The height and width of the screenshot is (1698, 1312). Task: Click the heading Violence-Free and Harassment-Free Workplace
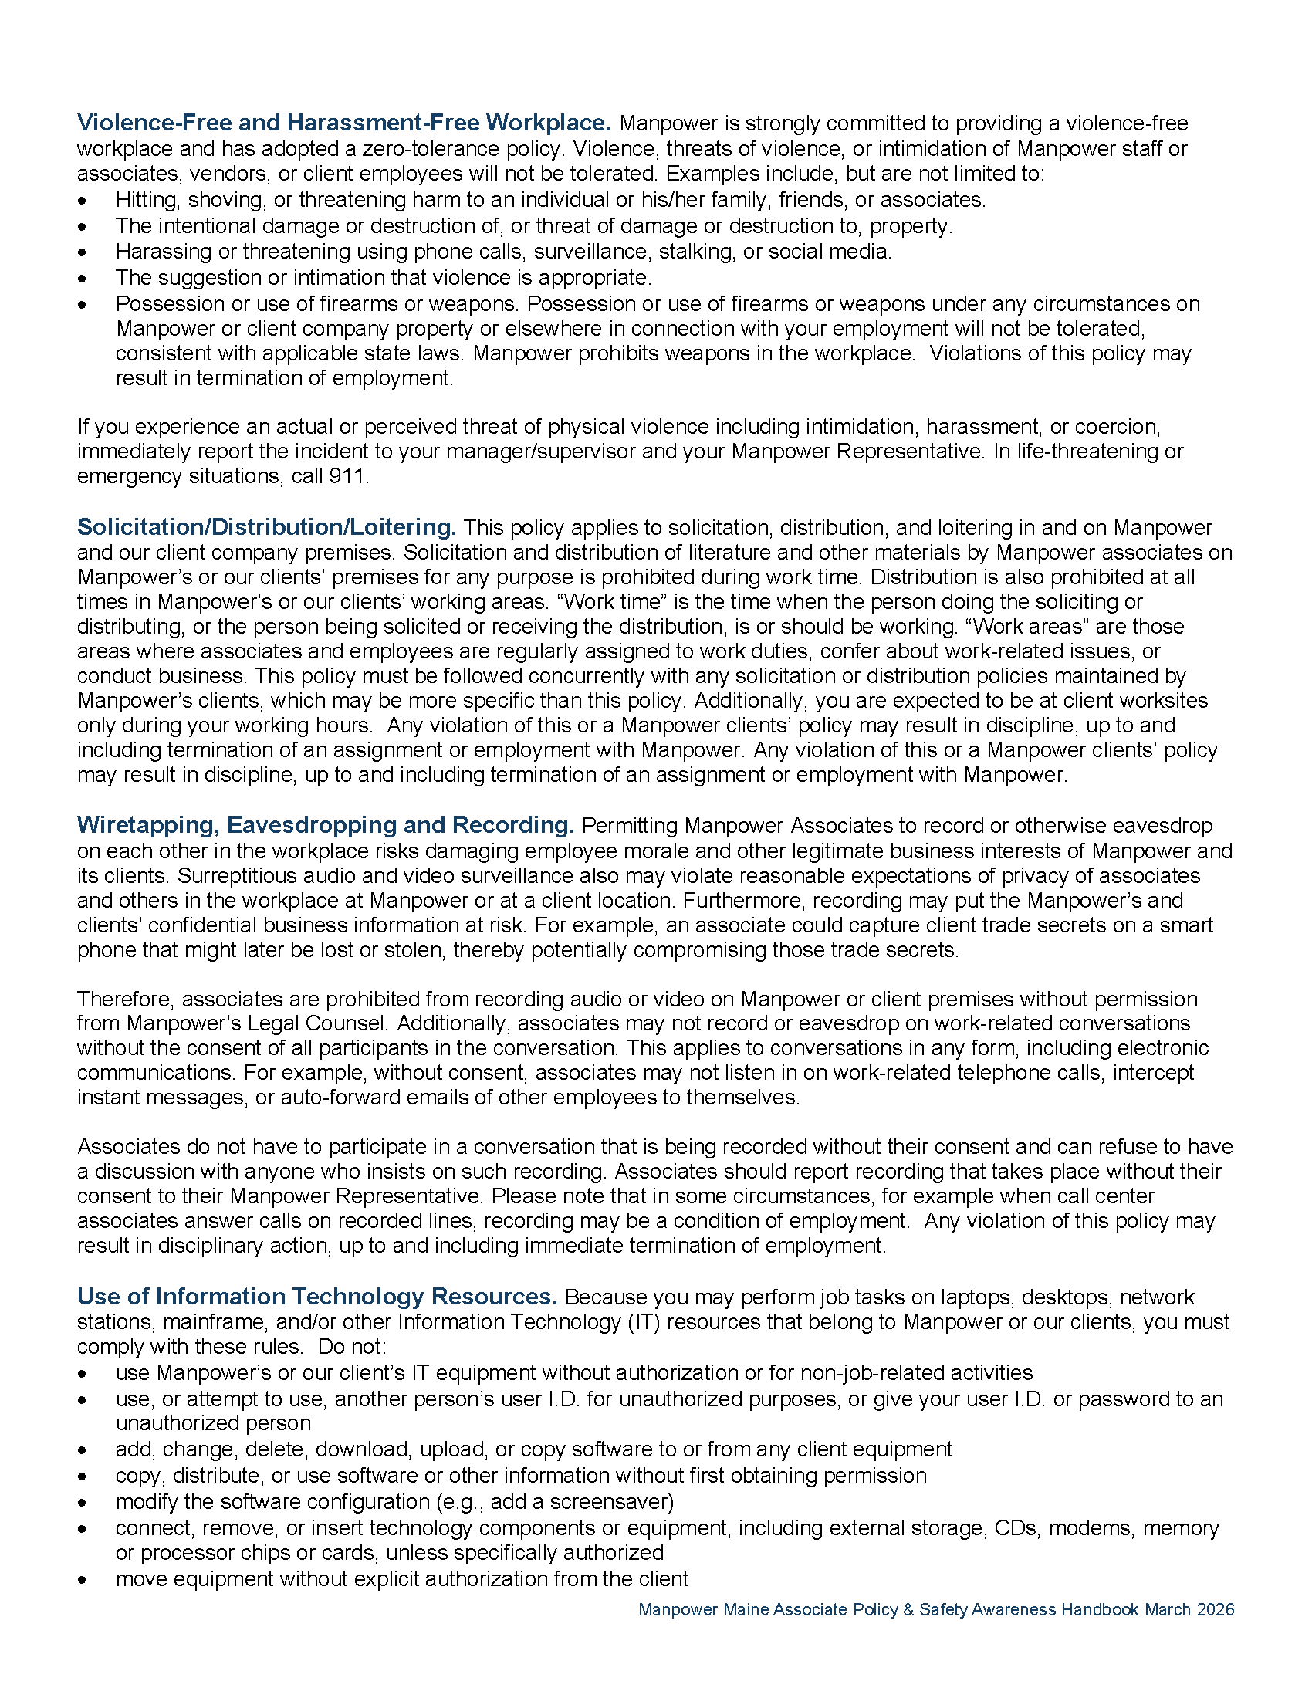(x=343, y=123)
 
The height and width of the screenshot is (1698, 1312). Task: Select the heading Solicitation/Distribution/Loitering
(x=265, y=527)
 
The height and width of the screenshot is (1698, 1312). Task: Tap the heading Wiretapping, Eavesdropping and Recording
(x=325, y=825)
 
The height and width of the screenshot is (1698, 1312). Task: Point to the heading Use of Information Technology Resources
(x=317, y=1296)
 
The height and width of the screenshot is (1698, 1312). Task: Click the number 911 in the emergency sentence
(x=347, y=475)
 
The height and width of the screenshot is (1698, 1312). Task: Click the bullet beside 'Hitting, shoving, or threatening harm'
(x=83, y=201)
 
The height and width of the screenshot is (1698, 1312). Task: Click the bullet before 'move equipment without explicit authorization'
(x=83, y=1581)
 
